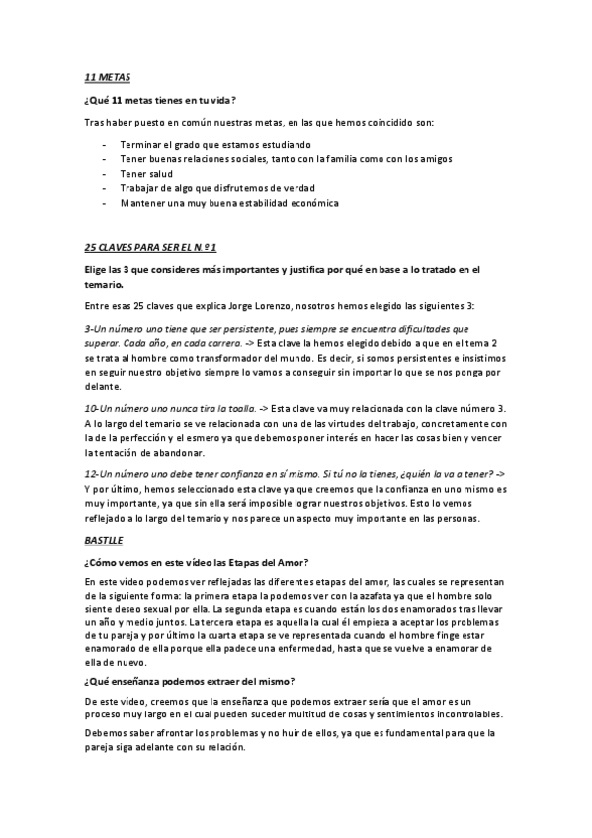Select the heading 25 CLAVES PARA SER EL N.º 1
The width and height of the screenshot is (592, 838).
pos(150,246)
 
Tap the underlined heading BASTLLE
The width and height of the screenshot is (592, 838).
pos(105,542)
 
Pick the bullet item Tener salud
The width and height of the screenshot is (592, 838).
pos(146,173)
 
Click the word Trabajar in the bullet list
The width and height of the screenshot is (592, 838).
pos(140,188)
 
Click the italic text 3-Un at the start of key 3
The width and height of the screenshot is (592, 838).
pos(97,328)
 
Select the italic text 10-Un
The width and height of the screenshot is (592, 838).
pos(100,408)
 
